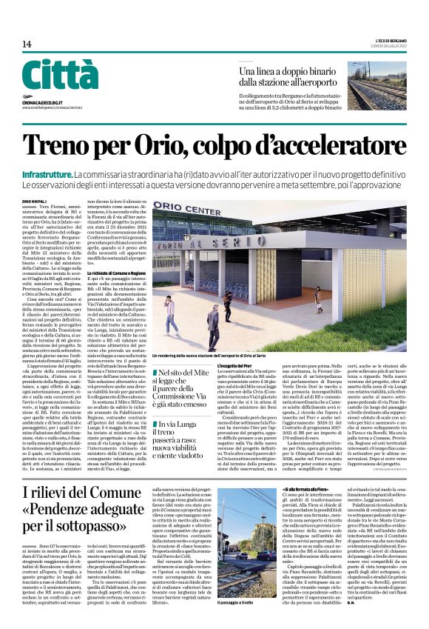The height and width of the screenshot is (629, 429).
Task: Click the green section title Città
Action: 59,75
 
